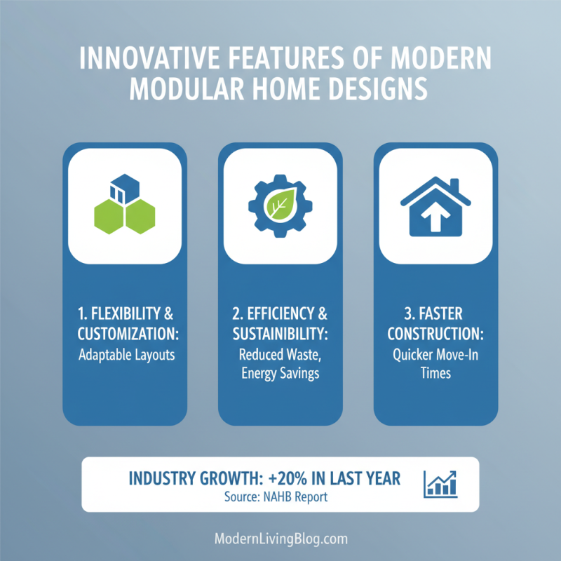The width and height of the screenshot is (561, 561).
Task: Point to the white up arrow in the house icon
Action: (435, 219)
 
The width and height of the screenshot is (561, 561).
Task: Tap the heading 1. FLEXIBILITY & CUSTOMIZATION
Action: (125, 323)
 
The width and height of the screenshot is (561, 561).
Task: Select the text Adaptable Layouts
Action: (125, 355)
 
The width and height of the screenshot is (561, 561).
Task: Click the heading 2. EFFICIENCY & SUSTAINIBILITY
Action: (280, 323)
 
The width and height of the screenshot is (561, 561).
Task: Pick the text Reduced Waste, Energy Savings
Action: (280, 364)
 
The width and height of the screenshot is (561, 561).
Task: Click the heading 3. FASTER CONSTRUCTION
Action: (435, 323)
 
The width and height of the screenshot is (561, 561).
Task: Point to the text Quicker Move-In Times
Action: (435, 364)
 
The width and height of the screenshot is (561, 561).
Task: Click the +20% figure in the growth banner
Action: (288, 478)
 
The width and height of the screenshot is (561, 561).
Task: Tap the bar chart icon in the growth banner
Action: (440, 482)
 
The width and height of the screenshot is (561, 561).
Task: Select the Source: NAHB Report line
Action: (264, 497)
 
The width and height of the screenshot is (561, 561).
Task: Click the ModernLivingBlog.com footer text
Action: (280, 539)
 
